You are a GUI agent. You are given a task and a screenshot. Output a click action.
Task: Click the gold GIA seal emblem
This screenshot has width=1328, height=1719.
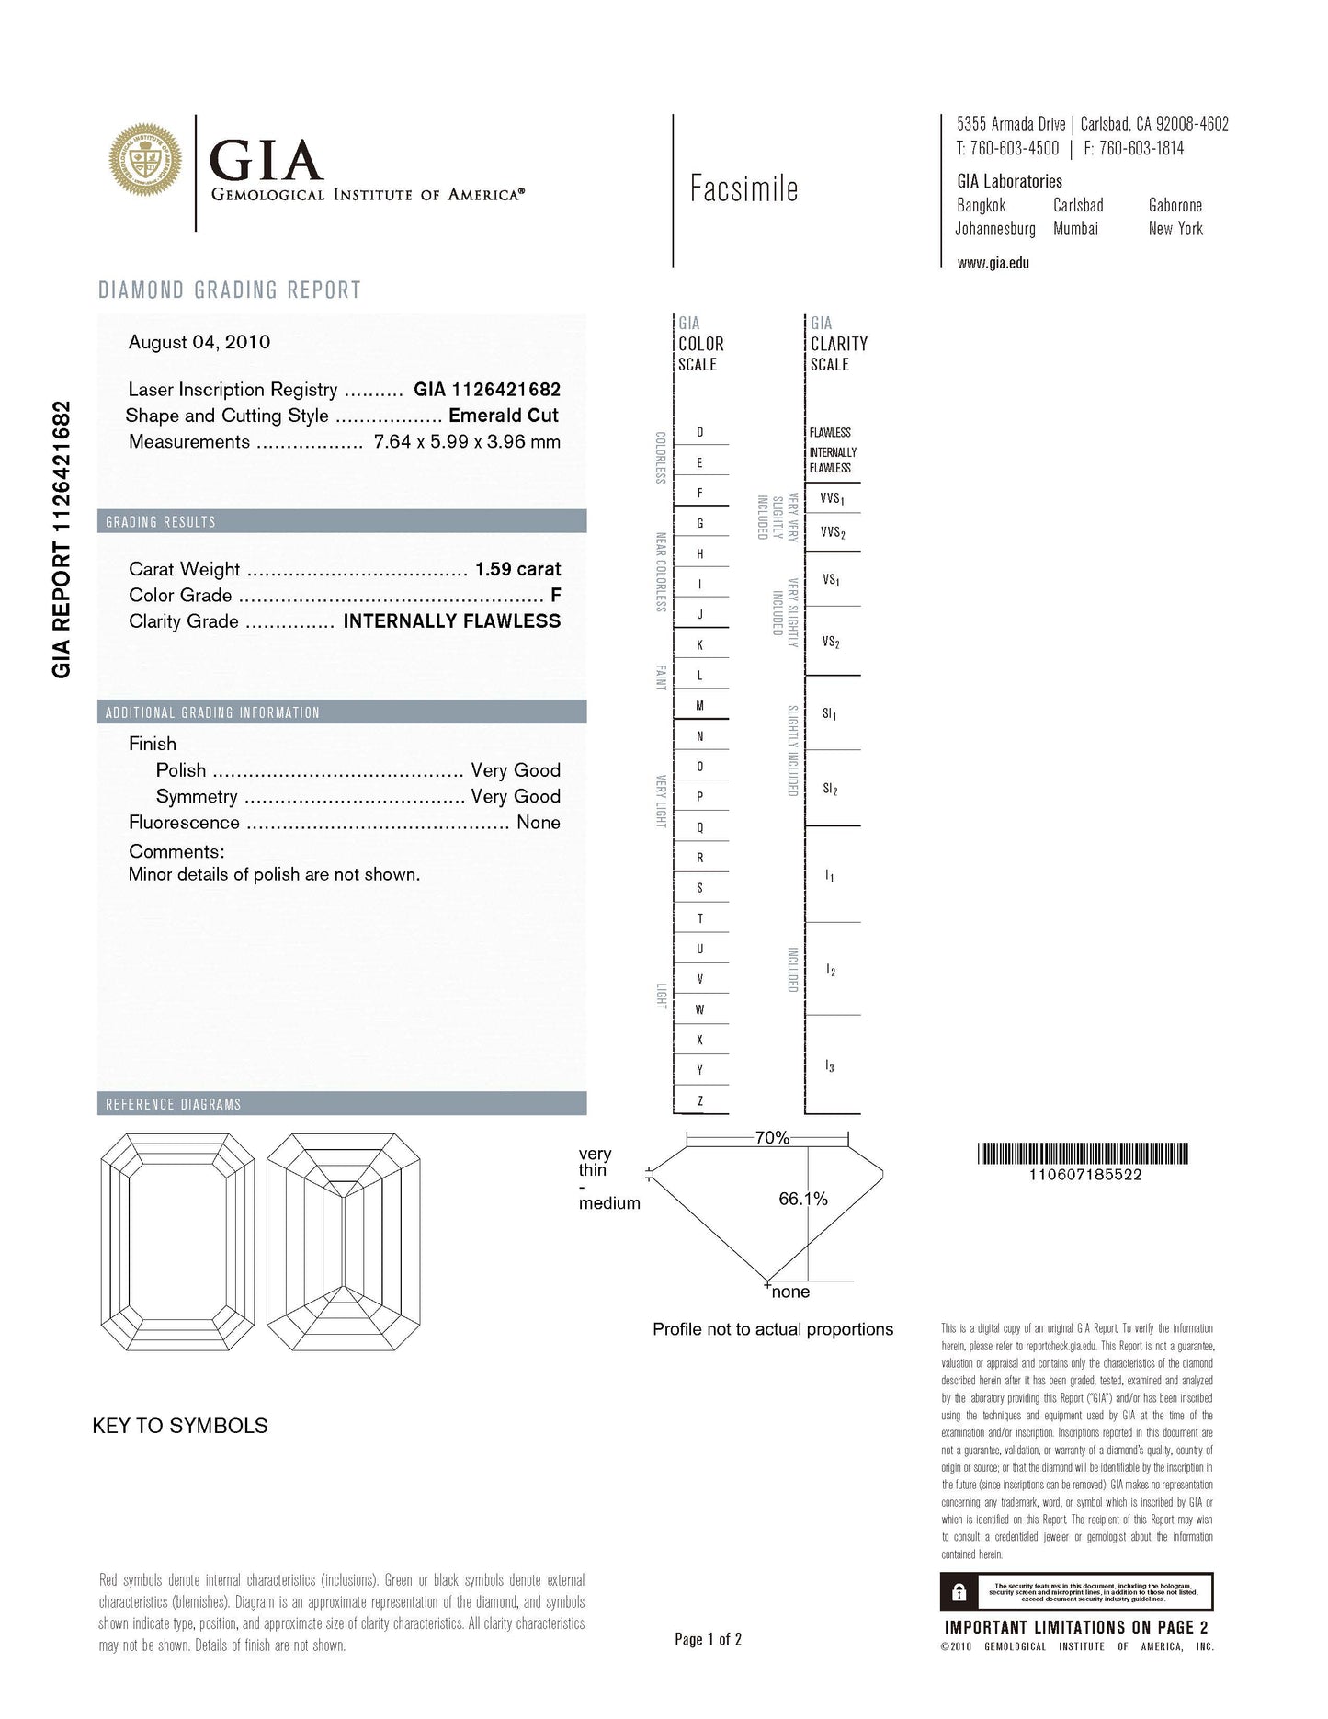pyautogui.click(x=145, y=159)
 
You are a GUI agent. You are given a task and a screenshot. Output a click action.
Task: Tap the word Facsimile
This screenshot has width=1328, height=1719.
pyautogui.click(x=743, y=189)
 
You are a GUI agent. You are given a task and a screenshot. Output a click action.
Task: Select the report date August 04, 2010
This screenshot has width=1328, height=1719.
pyautogui.click(x=199, y=342)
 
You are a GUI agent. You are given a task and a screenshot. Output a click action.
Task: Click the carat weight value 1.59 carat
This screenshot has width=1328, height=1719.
pyautogui.click(x=517, y=569)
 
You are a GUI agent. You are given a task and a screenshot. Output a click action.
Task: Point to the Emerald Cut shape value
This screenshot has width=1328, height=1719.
pyautogui.click(x=504, y=416)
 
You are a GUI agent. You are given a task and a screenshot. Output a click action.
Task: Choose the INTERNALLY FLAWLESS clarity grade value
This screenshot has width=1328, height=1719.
pyautogui.click(x=451, y=621)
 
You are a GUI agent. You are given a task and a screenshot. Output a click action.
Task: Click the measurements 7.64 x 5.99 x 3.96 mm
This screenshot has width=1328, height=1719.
pyautogui.click(x=467, y=441)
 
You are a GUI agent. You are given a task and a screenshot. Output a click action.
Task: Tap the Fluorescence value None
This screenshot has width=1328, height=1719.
pyautogui.click(x=539, y=823)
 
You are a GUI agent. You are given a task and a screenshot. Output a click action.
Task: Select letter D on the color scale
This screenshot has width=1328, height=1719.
pyautogui.click(x=700, y=432)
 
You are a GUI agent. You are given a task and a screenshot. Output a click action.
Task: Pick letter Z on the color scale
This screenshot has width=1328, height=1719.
pyautogui.click(x=700, y=1100)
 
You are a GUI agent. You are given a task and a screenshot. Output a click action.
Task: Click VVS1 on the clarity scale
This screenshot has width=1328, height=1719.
pyautogui.click(x=832, y=498)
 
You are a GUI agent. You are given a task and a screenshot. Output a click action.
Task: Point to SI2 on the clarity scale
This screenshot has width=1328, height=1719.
pyautogui.click(x=830, y=789)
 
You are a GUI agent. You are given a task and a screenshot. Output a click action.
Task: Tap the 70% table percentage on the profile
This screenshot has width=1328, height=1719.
pyautogui.click(x=772, y=1137)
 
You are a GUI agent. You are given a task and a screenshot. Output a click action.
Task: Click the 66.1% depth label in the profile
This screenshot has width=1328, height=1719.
pyautogui.click(x=803, y=1199)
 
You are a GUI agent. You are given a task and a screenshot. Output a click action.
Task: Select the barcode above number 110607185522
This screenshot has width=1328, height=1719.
pyautogui.click(x=1083, y=1153)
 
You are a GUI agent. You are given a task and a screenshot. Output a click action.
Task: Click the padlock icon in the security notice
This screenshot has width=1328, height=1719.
pyautogui.click(x=959, y=1592)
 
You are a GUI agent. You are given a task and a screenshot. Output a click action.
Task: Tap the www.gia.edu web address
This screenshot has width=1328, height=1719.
pyautogui.click(x=993, y=263)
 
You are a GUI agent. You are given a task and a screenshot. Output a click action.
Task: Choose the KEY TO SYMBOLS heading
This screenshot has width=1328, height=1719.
pyautogui.click(x=180, y=1426)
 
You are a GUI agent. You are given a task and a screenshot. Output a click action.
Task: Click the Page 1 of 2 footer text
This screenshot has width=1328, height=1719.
pyautogui.click(x=708, y=1639)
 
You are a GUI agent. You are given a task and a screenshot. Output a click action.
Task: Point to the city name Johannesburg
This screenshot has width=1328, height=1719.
pyautogui.click(x=995, y=229)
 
